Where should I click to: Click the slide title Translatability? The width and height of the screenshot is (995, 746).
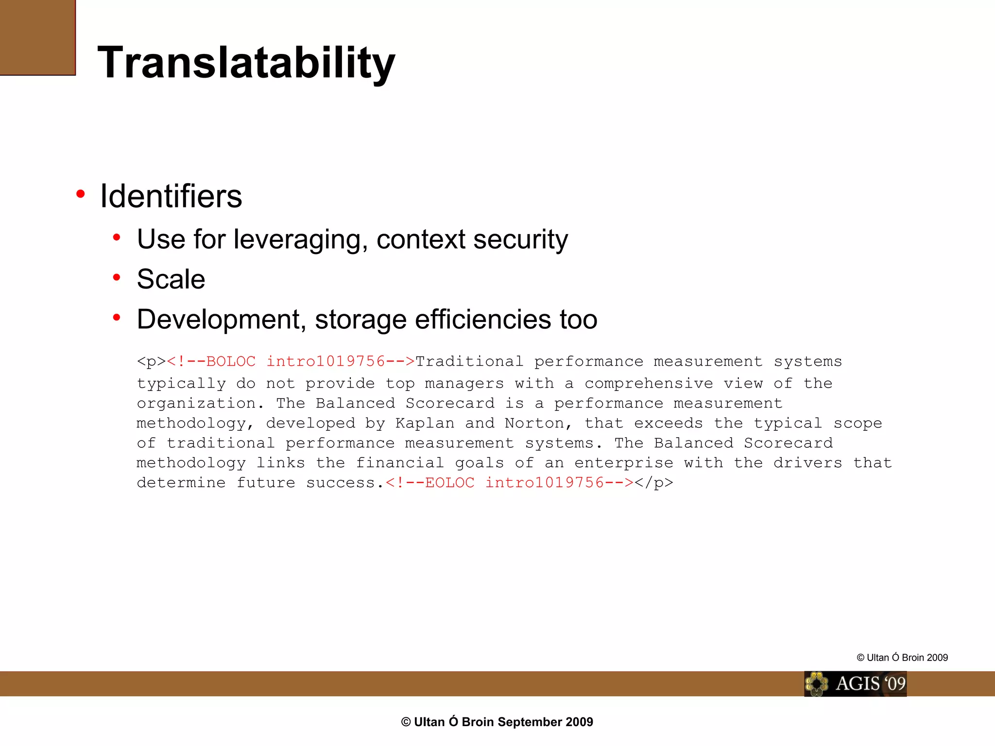pos(246,62)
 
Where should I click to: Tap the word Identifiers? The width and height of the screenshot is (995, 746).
pos(171,196)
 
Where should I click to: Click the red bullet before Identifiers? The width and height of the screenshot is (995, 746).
pos(81,194)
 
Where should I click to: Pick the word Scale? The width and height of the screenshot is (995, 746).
pos(171,279)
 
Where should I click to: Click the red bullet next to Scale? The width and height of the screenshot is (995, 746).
pos(117,277)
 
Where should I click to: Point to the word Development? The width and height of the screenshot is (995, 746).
pos(221,319)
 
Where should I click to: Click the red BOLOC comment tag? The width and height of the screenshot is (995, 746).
pos(291,361)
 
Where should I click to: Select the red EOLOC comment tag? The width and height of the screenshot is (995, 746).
pos(510,483)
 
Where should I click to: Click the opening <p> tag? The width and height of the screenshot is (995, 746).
pos(151,361)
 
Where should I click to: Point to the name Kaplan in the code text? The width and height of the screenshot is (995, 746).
pos(425,423)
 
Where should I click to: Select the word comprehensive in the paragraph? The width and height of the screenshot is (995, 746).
pos(649,383)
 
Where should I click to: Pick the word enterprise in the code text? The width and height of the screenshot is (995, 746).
pos(624,463)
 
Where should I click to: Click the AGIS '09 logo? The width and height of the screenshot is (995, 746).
pos(855,684)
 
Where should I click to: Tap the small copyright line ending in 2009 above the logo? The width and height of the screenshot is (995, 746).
pos(902,658)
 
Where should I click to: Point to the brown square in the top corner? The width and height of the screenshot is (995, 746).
pos(37,37)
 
